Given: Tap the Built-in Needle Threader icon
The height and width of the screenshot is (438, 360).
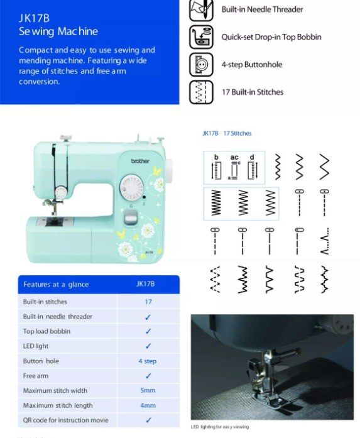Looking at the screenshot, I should (201, 10).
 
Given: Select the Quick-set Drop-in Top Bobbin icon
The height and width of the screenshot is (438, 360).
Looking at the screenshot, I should (201, 37).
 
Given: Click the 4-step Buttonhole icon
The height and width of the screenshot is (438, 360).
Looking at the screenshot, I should (201, 65).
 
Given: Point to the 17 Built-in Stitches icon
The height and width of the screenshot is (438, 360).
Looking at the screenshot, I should (201, 92).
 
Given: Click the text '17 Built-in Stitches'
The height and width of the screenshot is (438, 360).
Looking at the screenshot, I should (252, 92).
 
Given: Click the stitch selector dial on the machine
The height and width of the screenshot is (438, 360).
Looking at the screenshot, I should (132, 187).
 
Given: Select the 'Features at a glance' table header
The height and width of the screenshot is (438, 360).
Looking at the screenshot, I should (56, 285).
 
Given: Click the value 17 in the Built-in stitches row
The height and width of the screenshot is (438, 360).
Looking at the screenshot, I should (148, 302).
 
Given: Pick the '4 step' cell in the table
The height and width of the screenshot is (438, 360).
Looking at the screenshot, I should (148, 361).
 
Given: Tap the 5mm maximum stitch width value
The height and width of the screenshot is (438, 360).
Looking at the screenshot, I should (148, 391).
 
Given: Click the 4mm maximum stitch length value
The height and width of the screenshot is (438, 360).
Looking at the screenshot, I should (148, 406).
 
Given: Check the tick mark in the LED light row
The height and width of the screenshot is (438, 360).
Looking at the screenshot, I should (148, 346).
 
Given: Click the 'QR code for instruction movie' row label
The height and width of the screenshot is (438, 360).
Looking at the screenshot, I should (65, 420).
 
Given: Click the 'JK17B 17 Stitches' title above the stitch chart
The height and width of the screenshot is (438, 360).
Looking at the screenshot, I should (227, 133).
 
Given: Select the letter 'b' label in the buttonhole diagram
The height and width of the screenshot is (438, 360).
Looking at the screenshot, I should (216, 157).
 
